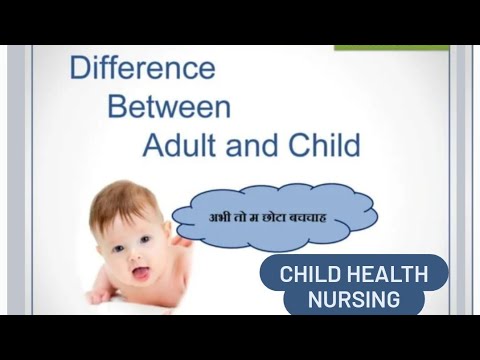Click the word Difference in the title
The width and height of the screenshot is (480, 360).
142,70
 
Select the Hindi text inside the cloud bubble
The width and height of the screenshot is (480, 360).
274,215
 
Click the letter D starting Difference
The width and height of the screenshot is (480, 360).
80,70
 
